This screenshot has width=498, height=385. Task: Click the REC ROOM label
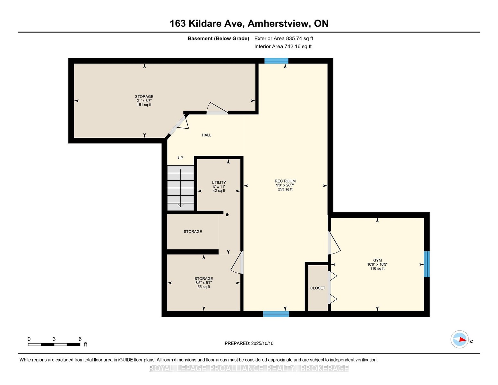(285, 181)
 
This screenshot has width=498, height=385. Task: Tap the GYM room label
(377, 260)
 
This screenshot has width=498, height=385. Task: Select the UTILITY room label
(219, 182)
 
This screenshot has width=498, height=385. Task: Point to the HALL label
(207, 135)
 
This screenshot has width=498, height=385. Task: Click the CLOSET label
(318, 288)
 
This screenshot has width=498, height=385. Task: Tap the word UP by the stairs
(180, 158)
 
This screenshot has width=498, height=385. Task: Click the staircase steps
(181, 188)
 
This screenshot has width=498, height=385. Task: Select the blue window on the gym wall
(426, 264)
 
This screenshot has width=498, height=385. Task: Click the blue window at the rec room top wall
(276, 61)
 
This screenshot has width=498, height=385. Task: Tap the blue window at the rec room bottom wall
(276, 314)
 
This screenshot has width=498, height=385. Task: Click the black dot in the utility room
(227, 215)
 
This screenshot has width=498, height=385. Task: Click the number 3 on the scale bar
(54, 339)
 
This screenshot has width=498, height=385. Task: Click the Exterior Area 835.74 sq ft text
(284, 38)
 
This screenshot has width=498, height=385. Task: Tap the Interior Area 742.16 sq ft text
(283, 47)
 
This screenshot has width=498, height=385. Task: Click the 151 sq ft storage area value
(144, 105)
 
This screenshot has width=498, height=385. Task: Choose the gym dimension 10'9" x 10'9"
(377, 264)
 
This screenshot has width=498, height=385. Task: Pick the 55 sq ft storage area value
(204, 287)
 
